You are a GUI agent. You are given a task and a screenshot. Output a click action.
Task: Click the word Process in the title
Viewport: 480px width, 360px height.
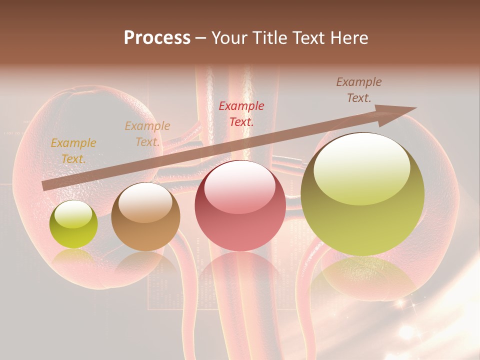[x=157, y=38]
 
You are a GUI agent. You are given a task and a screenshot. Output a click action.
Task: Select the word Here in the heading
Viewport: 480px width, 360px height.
[x=348, y=38]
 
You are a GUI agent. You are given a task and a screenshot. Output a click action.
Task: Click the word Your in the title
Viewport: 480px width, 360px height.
[x=230, y=38]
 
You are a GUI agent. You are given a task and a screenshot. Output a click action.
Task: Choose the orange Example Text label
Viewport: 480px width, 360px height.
[x=147, y=134]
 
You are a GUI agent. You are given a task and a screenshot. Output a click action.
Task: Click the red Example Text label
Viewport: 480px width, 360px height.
[x=241, y=113]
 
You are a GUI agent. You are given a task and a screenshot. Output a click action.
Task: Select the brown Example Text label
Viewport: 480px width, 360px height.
[x=358, y=90]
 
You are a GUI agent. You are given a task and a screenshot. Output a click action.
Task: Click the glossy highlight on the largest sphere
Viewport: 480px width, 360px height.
[x=361, y=169]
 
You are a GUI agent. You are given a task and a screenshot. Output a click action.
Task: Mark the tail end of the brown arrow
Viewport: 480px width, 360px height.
[x=46, y=185]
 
